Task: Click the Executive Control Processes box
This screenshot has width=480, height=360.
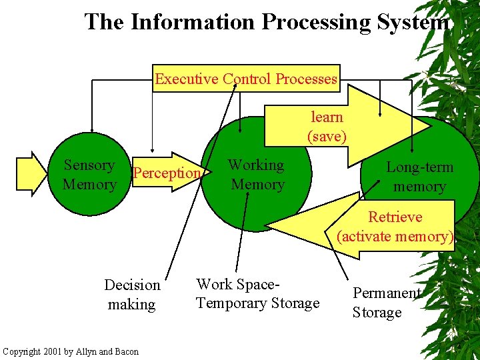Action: point(246,79)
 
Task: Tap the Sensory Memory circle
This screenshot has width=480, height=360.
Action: point(89,174)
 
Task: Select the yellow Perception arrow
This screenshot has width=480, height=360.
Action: point(167,173)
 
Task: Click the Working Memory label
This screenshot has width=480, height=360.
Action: point(257,174)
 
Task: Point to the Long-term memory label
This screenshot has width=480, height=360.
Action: point(419,177)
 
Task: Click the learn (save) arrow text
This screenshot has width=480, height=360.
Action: point(327,127)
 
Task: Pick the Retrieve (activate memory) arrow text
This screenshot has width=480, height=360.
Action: point(395,227)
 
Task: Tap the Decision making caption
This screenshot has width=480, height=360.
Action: point(132,295)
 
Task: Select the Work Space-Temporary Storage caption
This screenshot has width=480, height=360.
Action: point(257,294)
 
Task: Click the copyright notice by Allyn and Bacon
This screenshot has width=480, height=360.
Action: point(71,351)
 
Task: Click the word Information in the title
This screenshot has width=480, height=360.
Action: point(193,22)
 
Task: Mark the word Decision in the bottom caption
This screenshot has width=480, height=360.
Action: point(132,285)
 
